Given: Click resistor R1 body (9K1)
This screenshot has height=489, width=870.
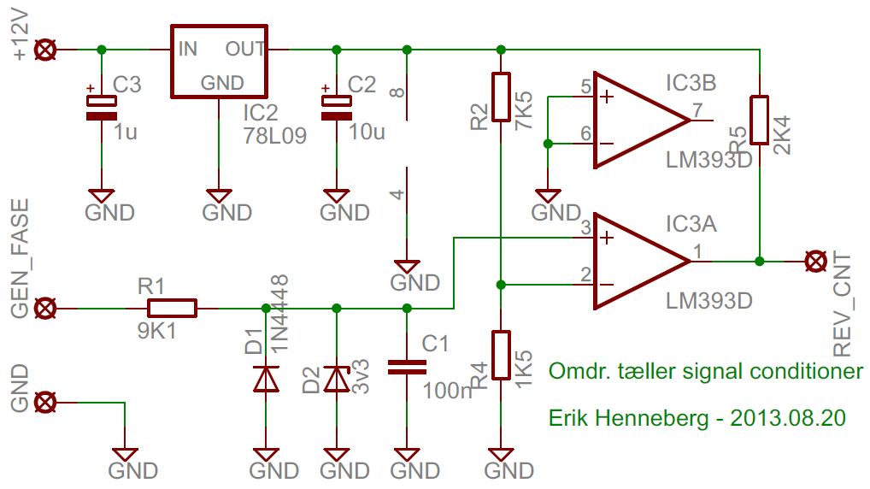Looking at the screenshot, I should (x=172, y=308).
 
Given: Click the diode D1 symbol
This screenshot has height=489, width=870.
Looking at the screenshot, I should (x=267, y=378).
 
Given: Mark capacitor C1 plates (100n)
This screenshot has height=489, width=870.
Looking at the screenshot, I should (x=407, y=367).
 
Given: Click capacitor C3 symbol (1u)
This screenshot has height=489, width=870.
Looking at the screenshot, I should (x=102, y=108).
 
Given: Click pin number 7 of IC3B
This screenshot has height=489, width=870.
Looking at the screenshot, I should (x=698, y=110).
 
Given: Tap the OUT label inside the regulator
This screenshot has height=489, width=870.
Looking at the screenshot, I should (x=245, y=49).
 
